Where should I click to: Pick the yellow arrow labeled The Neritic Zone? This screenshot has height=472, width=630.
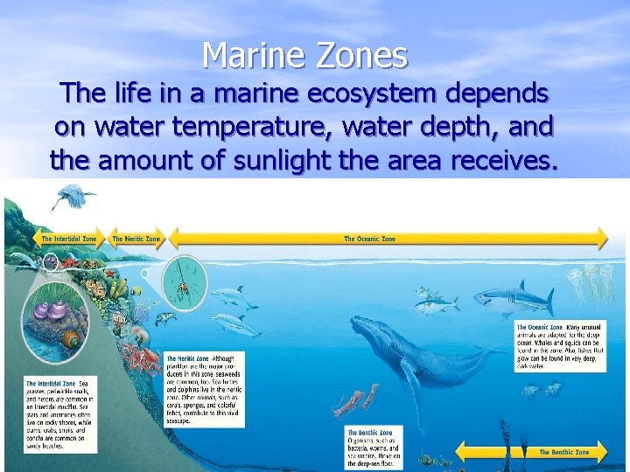[136, 239]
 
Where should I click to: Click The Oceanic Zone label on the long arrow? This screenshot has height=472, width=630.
[369, 239]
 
